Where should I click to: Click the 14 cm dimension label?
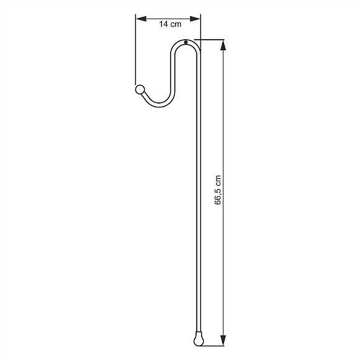170,24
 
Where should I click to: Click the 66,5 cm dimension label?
218,190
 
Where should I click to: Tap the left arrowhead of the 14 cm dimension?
141,19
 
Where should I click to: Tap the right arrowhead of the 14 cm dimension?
195,19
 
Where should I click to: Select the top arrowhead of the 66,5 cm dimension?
223,45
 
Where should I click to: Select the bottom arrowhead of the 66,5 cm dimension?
223,340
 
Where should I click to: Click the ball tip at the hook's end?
140,89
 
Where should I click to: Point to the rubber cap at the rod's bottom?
199,339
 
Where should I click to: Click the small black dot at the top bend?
186,42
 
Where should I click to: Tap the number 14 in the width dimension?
164,24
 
